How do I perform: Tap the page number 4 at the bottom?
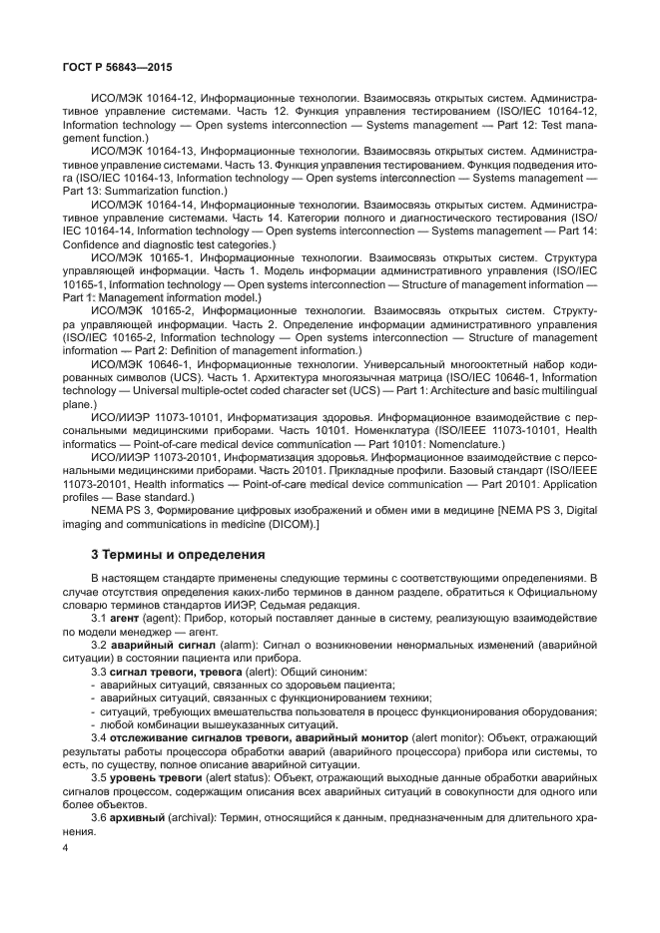pos(66,848)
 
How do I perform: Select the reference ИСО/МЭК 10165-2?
pos(132,311)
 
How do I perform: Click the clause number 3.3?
pos(100,672)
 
